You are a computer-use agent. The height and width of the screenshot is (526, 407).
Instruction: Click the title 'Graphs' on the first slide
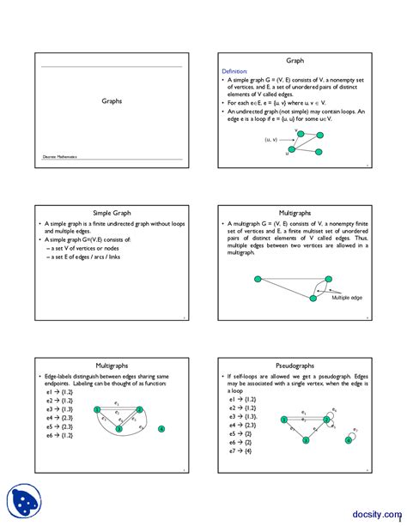[111, 100]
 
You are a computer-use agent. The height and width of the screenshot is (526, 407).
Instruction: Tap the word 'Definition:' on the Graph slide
[234, 71]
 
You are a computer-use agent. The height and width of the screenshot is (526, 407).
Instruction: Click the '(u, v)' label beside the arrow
[271, 139]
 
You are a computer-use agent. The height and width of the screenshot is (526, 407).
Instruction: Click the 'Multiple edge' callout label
[347, 297]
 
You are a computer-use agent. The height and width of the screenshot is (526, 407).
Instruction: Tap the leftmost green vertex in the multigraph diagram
[256, 277]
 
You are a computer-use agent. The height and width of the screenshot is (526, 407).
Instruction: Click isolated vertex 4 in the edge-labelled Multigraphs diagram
[161, 428]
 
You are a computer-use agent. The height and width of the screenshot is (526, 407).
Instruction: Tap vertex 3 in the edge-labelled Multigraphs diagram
[118, 428]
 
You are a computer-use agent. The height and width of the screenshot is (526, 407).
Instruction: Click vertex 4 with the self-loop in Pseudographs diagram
[349, 439]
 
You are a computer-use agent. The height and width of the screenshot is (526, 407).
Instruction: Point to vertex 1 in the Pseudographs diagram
[283, 420]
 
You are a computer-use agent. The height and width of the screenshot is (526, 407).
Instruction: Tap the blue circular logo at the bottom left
[26, 500]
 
